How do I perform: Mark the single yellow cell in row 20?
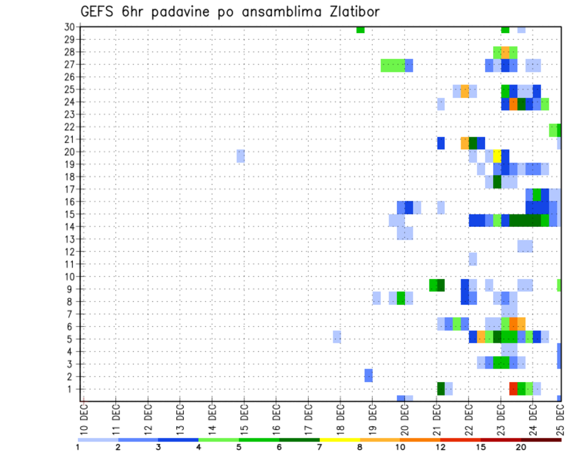click(497, 155)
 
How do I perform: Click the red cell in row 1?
click(513, 388)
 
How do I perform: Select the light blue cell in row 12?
click(525, 246)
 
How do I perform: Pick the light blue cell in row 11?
click(473, 259)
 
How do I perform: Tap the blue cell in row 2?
click(369, 375)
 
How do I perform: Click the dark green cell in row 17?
click(497, 182)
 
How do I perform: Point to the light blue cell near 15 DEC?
click(241, 155)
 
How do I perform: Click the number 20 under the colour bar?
click(521, 447)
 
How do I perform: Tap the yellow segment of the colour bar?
click(340, 440)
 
